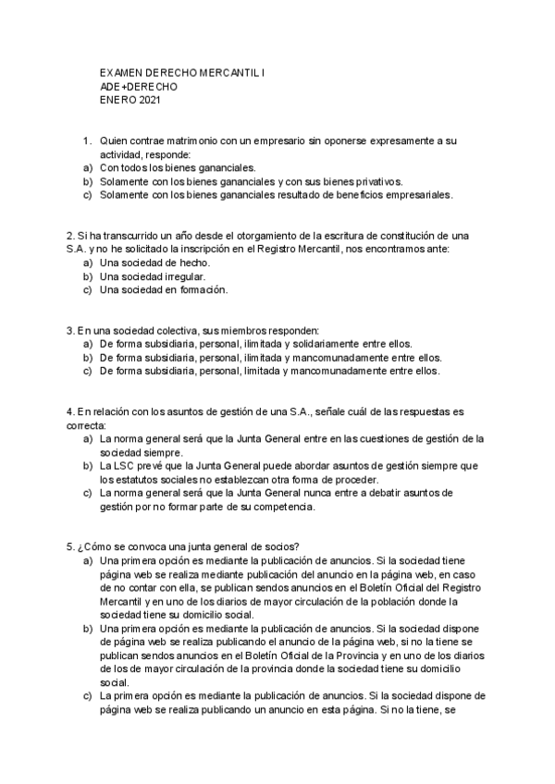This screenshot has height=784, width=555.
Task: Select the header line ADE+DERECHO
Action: tap(139, 86)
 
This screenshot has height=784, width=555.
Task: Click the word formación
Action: tap(199, 289)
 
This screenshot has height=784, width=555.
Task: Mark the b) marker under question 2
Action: tap(88, 276)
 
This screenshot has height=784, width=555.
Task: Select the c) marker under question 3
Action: tap(88, 371)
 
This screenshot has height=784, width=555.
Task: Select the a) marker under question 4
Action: tap(88, 438)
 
